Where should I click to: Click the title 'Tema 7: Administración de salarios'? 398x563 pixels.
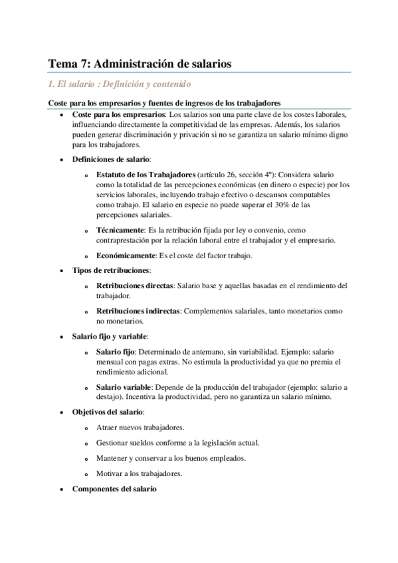(x=140, y=64)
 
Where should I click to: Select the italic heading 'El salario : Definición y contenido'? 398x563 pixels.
(x=120, y=84)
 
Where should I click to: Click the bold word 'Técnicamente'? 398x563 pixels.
(x=120, y=229)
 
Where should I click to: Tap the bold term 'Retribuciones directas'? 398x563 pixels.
(x=134, y=285)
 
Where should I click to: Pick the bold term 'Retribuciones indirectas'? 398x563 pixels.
(x=138, y=311)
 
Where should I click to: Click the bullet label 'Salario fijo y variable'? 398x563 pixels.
(x=110, y=336)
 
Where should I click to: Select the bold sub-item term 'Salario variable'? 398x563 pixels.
(x=124, y=387)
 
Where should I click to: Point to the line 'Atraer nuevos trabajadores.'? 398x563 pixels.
(x=140, y=428)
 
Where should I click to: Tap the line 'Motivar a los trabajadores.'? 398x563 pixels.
(x=139, y=473)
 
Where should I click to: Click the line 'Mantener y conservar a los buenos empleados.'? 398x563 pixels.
(x=171, y=458)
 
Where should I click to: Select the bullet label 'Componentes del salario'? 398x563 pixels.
(x=114, y=489)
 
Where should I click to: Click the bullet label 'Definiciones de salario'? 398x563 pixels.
(x=111, y=160)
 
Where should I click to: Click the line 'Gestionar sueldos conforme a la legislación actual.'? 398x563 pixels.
(x=177, y=443)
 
